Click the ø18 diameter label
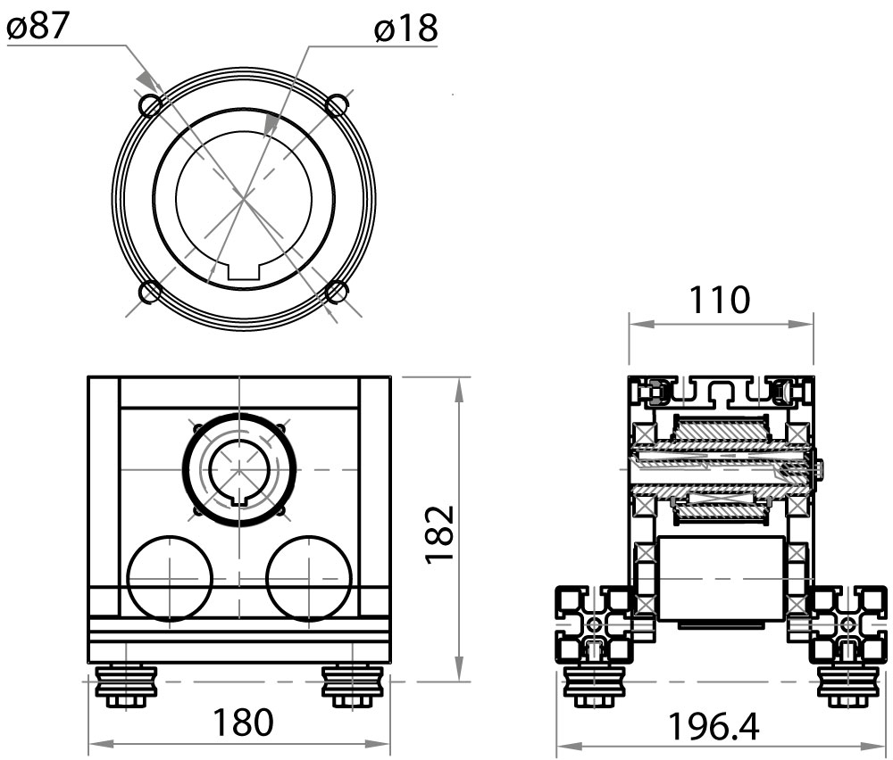406,29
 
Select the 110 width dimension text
720,301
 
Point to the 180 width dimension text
240,723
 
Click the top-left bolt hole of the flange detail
150,106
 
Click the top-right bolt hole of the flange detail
337,106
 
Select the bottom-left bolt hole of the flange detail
150,292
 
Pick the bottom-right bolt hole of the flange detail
338,292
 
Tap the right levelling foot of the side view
844,686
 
